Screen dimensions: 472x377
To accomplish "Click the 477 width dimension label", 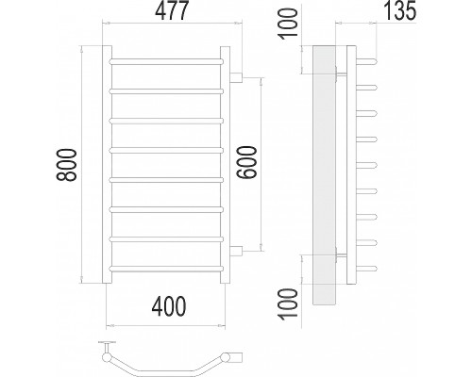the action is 172,10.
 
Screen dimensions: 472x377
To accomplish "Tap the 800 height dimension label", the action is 66,165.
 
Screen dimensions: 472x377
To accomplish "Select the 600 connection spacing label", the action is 247,162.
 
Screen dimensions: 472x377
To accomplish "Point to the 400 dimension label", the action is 169,306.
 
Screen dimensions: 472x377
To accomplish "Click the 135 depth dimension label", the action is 400,10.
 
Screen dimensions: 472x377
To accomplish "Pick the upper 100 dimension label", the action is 288,25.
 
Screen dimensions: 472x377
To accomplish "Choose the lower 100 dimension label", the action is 288,304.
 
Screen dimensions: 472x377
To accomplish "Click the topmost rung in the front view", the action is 166,61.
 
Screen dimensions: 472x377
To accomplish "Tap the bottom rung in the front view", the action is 166,269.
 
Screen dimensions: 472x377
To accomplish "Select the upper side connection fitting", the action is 236,77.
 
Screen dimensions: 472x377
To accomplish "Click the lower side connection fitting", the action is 236,252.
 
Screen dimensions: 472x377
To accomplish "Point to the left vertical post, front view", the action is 107,165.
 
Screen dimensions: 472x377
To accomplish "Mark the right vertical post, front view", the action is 226,165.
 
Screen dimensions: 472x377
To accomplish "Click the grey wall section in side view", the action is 324,175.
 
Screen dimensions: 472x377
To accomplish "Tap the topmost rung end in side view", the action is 366,60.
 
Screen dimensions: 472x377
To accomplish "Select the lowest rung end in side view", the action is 366,269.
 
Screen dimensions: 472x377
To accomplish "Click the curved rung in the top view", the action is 165,366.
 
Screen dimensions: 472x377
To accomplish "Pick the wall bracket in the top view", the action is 107,347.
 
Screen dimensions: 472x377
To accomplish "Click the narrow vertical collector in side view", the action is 351,165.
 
